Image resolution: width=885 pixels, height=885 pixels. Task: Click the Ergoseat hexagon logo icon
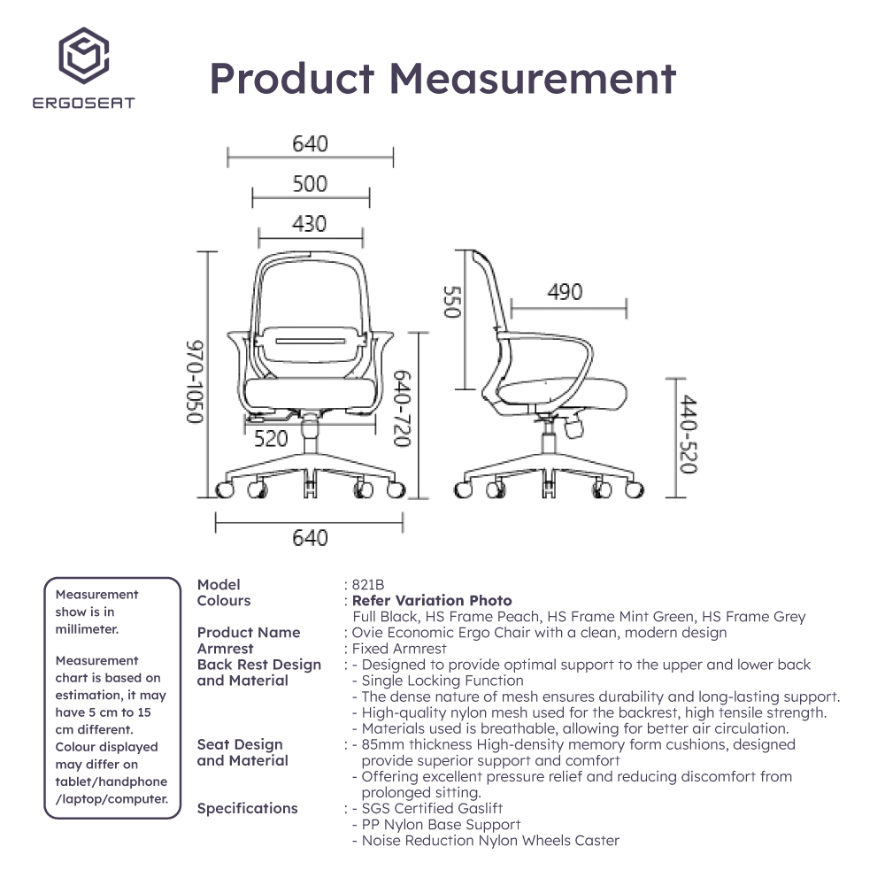83,55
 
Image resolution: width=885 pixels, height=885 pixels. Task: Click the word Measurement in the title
532,79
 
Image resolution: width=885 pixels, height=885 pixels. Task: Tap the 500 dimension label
310,184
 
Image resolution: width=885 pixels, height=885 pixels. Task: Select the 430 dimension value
309,224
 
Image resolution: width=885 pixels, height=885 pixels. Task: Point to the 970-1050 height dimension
195,381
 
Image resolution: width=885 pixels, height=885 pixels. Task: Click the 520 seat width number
271,439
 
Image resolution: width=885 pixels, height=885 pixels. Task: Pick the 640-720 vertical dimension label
402,408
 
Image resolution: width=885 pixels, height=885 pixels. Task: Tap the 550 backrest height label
452,302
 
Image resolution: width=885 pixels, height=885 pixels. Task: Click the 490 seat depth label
565,292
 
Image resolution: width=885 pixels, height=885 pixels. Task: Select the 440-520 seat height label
688,434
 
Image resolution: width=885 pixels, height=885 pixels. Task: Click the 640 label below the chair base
310,538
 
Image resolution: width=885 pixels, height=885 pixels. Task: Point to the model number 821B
368,585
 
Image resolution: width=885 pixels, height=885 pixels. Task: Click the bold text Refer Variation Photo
432,601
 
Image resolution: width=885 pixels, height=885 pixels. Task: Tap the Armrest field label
225,649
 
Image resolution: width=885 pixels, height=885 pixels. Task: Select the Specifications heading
247,808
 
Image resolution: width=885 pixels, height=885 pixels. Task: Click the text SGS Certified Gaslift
432,808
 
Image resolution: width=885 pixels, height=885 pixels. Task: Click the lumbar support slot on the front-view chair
310,341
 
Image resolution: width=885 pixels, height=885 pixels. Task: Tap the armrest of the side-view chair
544,361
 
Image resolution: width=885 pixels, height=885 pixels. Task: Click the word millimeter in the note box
87,629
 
